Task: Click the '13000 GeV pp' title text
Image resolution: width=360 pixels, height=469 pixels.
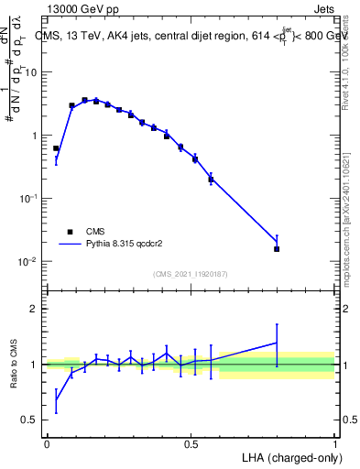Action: (80, 10)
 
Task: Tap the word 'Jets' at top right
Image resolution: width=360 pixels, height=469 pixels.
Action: (323, 10)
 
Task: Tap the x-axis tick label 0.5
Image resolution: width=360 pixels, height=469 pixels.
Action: (191, 443)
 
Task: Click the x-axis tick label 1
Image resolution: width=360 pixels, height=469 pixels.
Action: (335, 443)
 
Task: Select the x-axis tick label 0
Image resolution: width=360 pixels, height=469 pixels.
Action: (47, 443)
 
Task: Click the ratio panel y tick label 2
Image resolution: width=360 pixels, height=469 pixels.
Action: (33, 309)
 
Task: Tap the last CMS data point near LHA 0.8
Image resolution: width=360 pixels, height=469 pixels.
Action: (277, 248)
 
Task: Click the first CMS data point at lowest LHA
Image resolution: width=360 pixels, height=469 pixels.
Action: (56, 148)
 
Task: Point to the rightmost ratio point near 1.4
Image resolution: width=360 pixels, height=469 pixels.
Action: (277, 343)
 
